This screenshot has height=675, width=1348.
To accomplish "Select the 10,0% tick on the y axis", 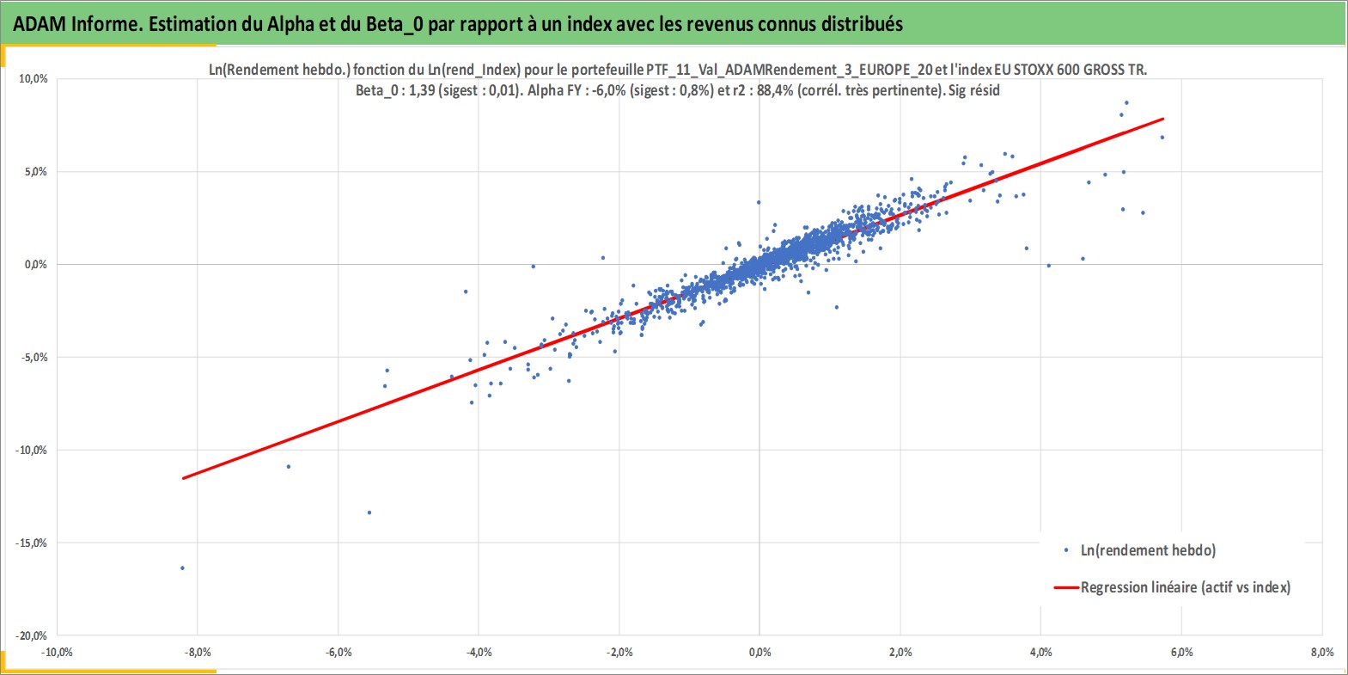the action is (x=34, y=79).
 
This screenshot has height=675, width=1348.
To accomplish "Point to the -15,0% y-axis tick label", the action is (x=31, y=543).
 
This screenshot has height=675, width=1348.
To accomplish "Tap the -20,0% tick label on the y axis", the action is (x=31, y=635).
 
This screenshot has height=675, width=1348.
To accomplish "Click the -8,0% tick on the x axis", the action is (x=197, y=653).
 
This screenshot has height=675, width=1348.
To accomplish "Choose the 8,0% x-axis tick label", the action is (x=1322, y=653).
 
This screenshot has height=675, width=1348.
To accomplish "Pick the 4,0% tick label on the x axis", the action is (x=1041, y=653).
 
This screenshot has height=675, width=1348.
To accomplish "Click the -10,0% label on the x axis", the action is (x=57, y=653).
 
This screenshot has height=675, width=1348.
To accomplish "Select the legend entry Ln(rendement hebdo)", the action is (x=1148, y=550).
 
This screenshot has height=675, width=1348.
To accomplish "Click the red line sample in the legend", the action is (x=1066, y=587).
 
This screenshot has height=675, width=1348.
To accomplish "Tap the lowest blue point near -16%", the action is (x=182, y=568).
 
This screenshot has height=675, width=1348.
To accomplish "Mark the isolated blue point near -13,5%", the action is (x=369, y=513).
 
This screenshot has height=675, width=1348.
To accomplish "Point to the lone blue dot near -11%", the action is (x=289, y=467).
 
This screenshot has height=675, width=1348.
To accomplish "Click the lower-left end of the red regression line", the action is (x=183, y=478).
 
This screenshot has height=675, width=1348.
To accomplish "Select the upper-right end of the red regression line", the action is (x=1163, y=119).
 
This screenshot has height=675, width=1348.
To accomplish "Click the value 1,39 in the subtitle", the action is (x=422, y=91).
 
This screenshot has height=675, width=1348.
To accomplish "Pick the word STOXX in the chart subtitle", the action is (x=1034, y=70).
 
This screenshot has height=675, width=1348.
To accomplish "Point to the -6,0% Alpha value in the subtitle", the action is (x=610, y=91).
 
